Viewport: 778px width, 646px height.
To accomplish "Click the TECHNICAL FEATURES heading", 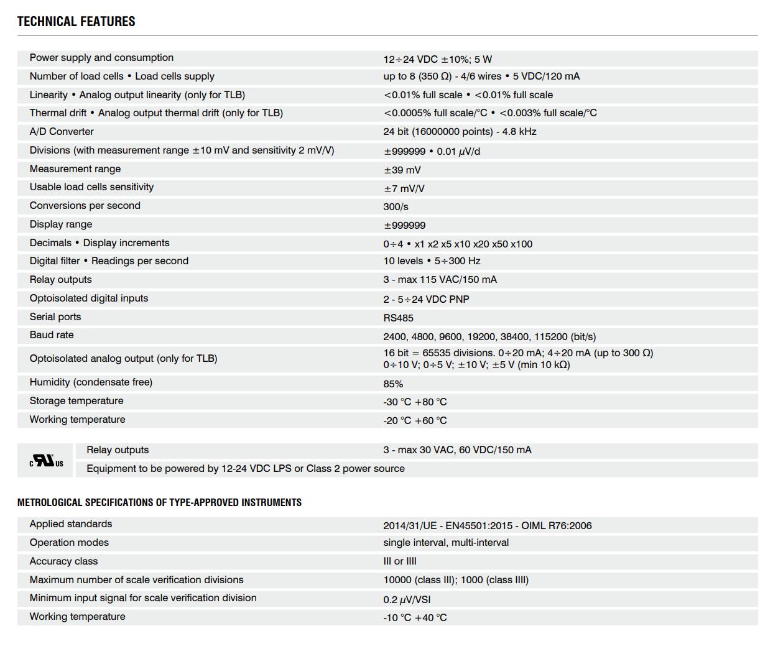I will pos(76,22).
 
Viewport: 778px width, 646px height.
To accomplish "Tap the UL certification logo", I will pos(46,461).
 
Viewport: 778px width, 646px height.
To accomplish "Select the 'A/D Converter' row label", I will pos(62,132).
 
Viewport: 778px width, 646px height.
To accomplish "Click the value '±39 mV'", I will pos(402,170).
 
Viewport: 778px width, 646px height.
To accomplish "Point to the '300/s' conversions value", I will pos(396,207).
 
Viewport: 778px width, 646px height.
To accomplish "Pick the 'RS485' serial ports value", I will pos(398,318).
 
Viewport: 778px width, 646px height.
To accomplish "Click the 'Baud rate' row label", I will pos(52,335).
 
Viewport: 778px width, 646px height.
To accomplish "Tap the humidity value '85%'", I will pos(393,384).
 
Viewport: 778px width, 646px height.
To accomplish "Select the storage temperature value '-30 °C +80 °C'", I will pos(415,402).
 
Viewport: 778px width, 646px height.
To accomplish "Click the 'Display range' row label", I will pos(60,224).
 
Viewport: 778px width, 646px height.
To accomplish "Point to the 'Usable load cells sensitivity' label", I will pos(91,187).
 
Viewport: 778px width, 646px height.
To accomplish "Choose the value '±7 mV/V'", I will pos(404,188).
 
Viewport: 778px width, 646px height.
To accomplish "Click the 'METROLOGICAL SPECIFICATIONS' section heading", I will pos(159,502).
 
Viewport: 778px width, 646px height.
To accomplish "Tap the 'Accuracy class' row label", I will pos(63,561).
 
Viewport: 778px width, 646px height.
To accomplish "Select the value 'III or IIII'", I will pos(400,561).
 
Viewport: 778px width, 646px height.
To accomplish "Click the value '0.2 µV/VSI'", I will pos(407,599).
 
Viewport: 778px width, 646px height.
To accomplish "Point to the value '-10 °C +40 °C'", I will pos(415,618).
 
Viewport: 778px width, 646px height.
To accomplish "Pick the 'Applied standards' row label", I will pos(71,524).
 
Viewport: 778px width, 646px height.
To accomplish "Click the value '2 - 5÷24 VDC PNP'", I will pos(426,299).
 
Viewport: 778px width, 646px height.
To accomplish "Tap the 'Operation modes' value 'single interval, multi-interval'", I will pos(446,543).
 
